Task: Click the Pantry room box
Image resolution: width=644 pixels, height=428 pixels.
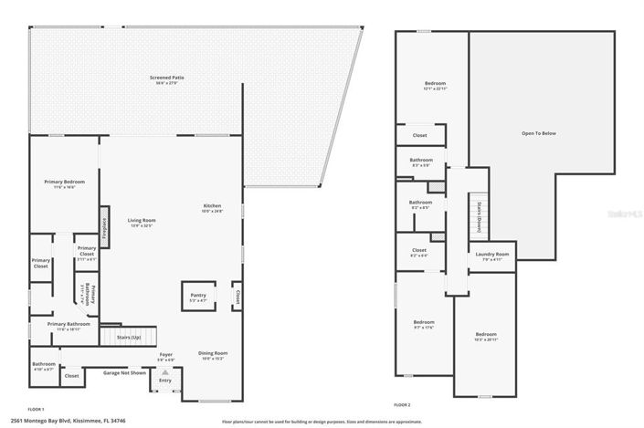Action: click(x=198, y=297)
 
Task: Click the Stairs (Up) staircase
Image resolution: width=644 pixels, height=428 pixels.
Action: click(x=129, y=337)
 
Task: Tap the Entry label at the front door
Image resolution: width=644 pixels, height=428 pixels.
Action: click(x=164, y=381)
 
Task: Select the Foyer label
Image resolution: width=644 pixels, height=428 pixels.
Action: click(x=165, y=356)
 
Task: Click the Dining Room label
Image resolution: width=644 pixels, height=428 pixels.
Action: click(x=214, y=354)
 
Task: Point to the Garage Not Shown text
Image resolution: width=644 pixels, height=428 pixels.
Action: click(x=124, y=372)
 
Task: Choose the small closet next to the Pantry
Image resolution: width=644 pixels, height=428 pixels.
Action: click(x=237, y=297)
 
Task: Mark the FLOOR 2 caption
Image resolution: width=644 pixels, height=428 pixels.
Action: click(x=402, y=404)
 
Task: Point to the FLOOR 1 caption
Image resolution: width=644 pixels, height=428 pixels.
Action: click(x=36, y=409)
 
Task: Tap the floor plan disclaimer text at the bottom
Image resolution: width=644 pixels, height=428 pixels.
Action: click(x=322, y=422)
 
